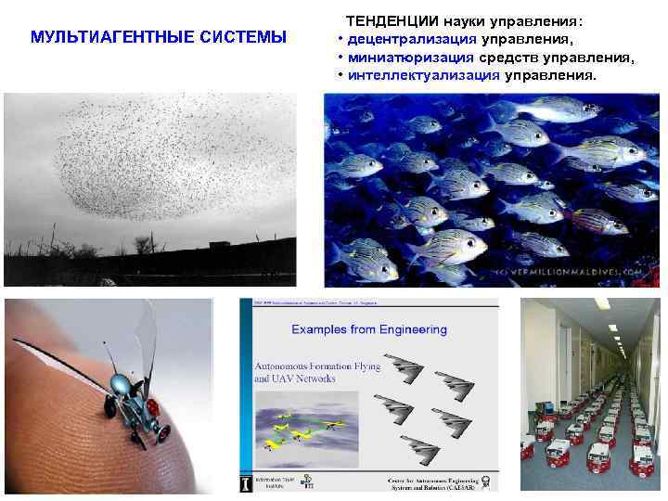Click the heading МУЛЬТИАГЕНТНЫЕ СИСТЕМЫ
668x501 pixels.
tap(159, 37)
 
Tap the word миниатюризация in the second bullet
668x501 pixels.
tap(402, 58)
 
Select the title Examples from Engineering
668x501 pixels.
tap(369, 329)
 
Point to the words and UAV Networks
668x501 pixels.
tap(295, 379)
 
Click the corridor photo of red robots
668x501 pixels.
tap(590, 394)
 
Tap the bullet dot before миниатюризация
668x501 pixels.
tap(341, 58)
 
